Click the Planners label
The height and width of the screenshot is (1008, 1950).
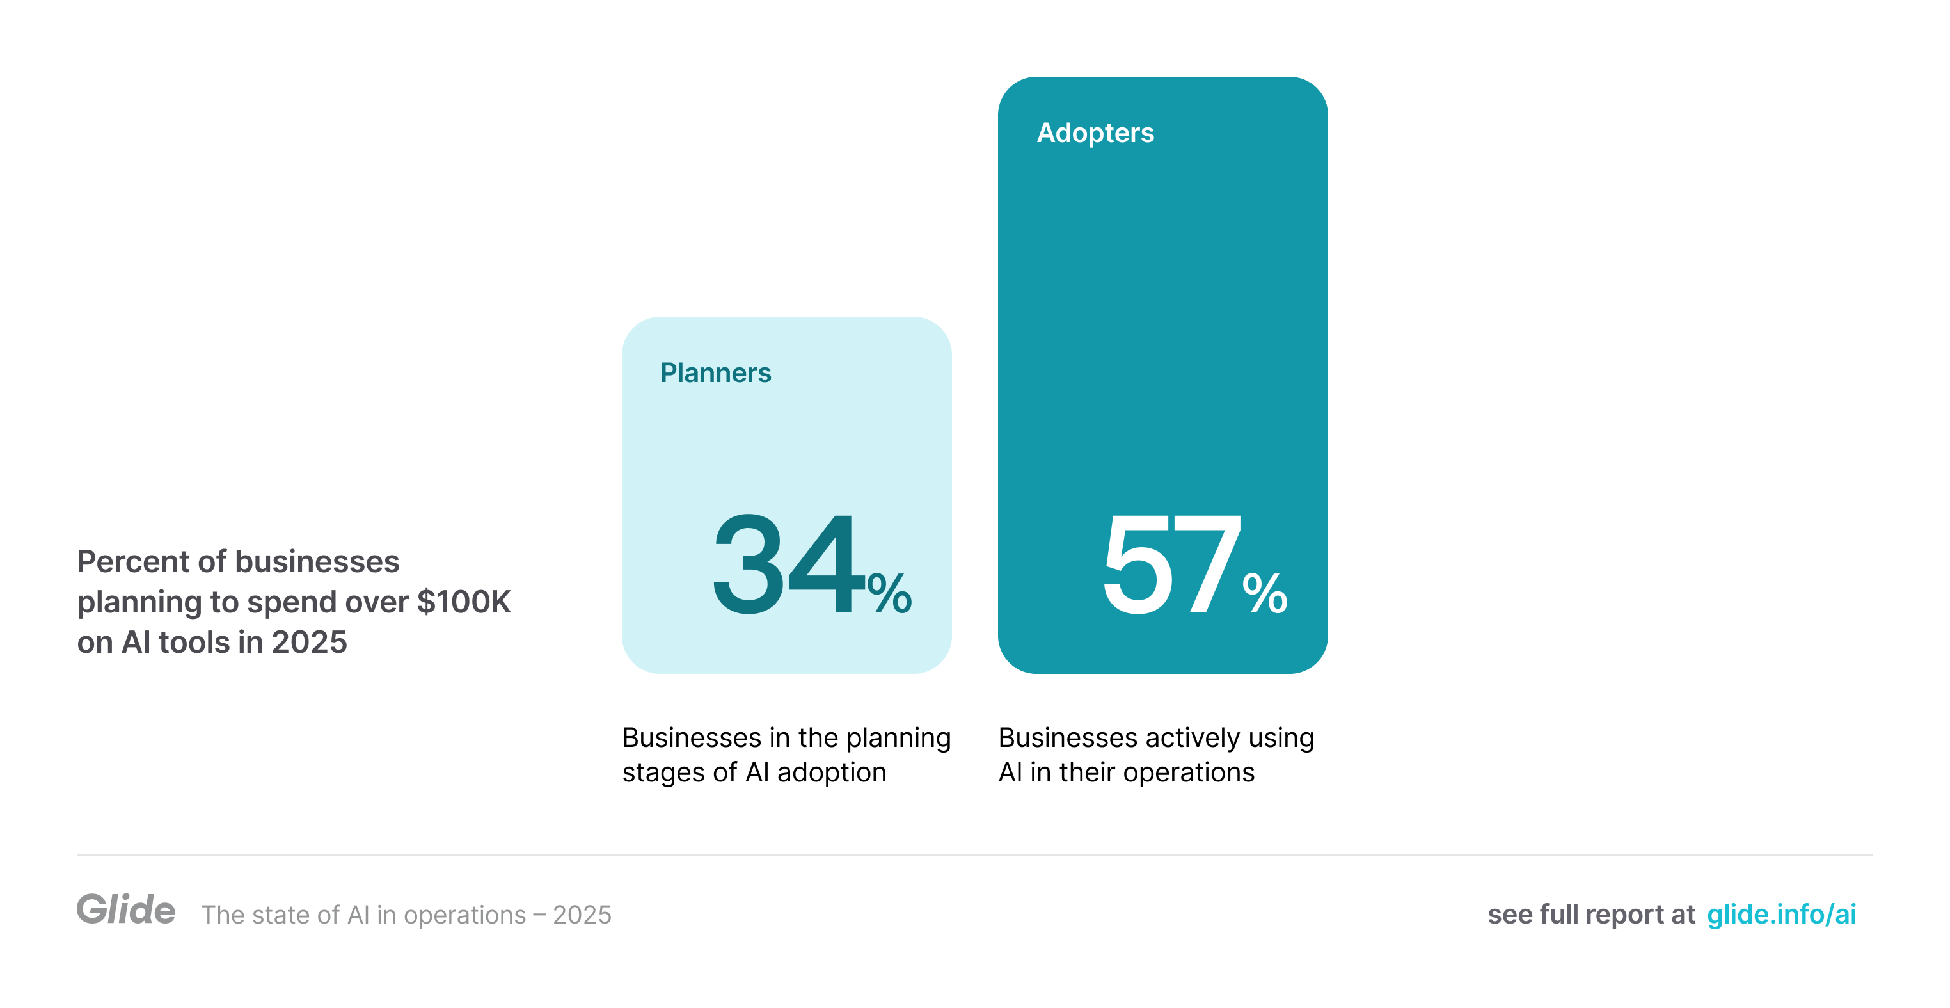point(715,372)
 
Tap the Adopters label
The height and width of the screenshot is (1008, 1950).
point(1095,132)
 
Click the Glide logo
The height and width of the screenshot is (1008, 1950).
point(125,909)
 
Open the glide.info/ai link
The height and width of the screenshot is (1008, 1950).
point(1781,914)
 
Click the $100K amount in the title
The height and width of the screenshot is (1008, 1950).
point(464,602)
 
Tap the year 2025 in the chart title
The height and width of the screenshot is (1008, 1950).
point(309,642)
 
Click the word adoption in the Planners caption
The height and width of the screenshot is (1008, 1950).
point(831,772)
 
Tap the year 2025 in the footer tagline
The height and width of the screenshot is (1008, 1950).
point(582,915)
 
